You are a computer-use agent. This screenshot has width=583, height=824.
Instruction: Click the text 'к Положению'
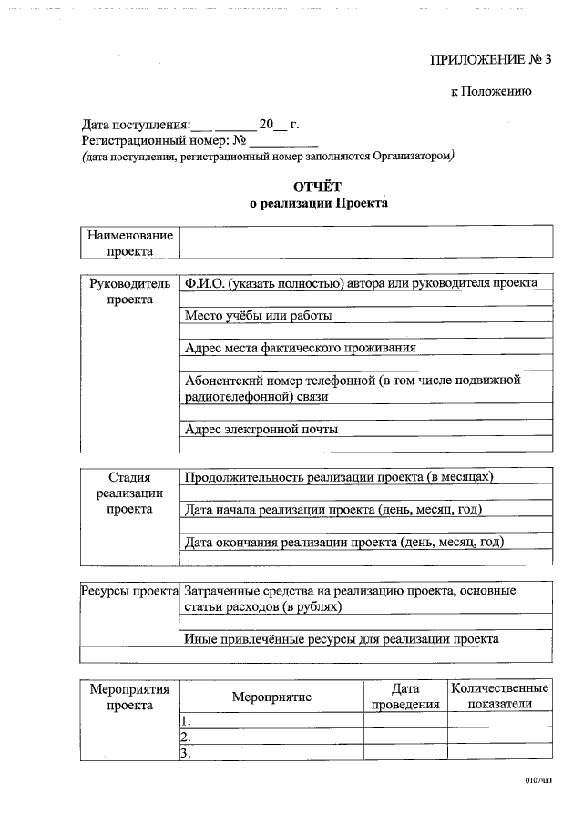click(x=491, y=91)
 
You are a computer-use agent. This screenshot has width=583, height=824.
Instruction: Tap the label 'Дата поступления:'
click(x=136, y=125)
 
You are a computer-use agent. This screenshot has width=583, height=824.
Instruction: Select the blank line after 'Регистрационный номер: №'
click(x=284, y=142)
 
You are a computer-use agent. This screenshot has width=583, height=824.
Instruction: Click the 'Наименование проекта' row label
click(x=129, y=243)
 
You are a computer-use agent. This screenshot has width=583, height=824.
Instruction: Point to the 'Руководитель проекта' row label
click(x=129, y=291)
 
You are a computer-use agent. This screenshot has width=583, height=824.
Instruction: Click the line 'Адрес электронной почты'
click(x=261, y=429)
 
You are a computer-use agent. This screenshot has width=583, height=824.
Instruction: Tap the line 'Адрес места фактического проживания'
click(x=300, y=348)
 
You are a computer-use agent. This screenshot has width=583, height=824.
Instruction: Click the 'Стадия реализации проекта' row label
click(x=129, y=493)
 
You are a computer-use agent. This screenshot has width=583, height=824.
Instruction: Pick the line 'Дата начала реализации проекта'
click(x=332, y=509)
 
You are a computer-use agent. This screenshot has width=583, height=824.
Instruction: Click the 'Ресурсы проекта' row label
click(x=129, y=590)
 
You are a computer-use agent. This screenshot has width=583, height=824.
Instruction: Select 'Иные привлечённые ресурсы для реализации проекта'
click(x=341, y=638)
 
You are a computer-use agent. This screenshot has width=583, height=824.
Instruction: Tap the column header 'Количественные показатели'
click(x=499, y=697)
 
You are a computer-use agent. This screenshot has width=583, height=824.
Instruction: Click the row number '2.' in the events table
click(x=185, y=737)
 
